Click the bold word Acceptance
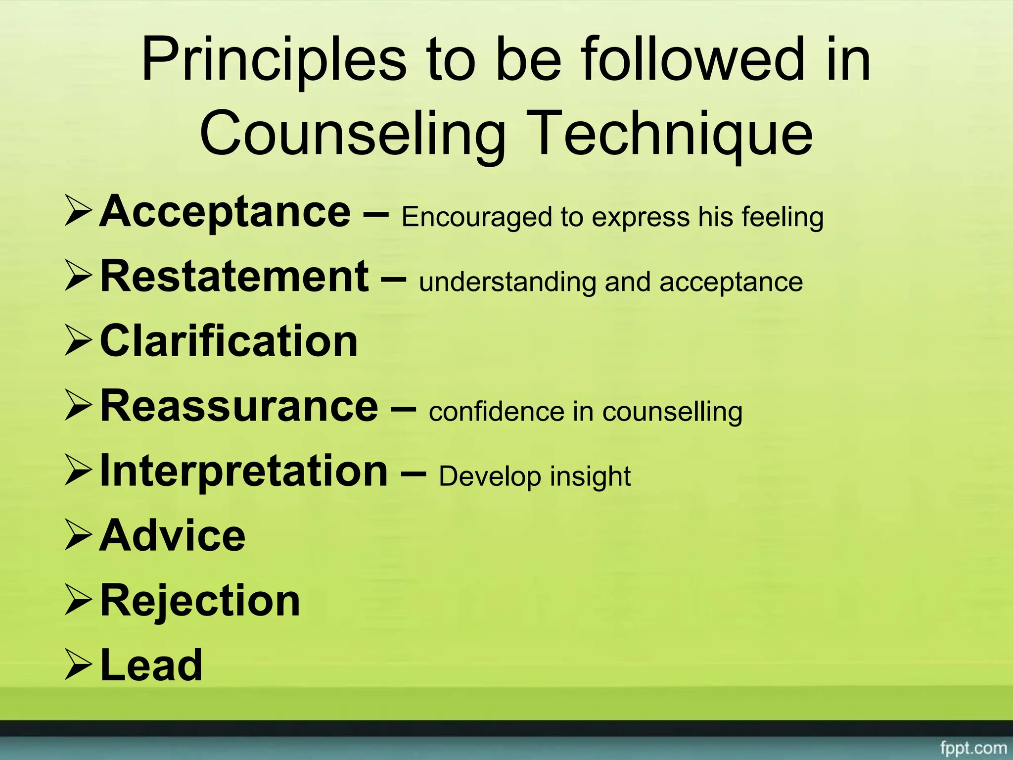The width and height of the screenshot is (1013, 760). point(225,212)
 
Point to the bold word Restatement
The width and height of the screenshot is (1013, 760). point(234,277)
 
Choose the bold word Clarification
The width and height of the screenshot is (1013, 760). point(229,341)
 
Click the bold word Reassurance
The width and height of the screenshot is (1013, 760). point(239,406)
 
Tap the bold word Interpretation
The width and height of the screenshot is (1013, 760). point(244,471)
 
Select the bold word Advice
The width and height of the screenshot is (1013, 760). point(172,536)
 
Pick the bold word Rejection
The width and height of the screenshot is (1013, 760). point(200,601)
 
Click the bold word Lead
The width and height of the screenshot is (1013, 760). point(151,665)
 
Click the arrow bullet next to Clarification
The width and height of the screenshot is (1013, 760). point(78,342)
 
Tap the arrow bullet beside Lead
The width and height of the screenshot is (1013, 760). point(78,666)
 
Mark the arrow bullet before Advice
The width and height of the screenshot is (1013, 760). point(78,536)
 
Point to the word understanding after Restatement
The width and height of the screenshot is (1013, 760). point(507,283)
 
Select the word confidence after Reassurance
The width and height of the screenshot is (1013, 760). point(497,412)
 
